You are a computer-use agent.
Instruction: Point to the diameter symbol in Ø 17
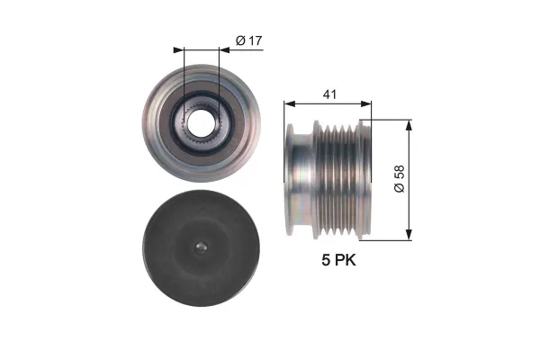(239, 40)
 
